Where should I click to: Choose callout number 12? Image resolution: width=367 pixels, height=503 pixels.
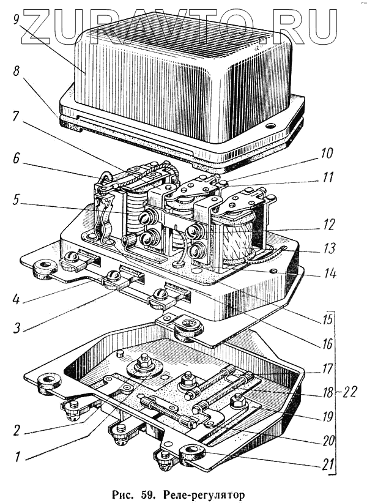[x=329, y=224]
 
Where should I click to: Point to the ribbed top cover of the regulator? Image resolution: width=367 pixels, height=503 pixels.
[x=183, y=80]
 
